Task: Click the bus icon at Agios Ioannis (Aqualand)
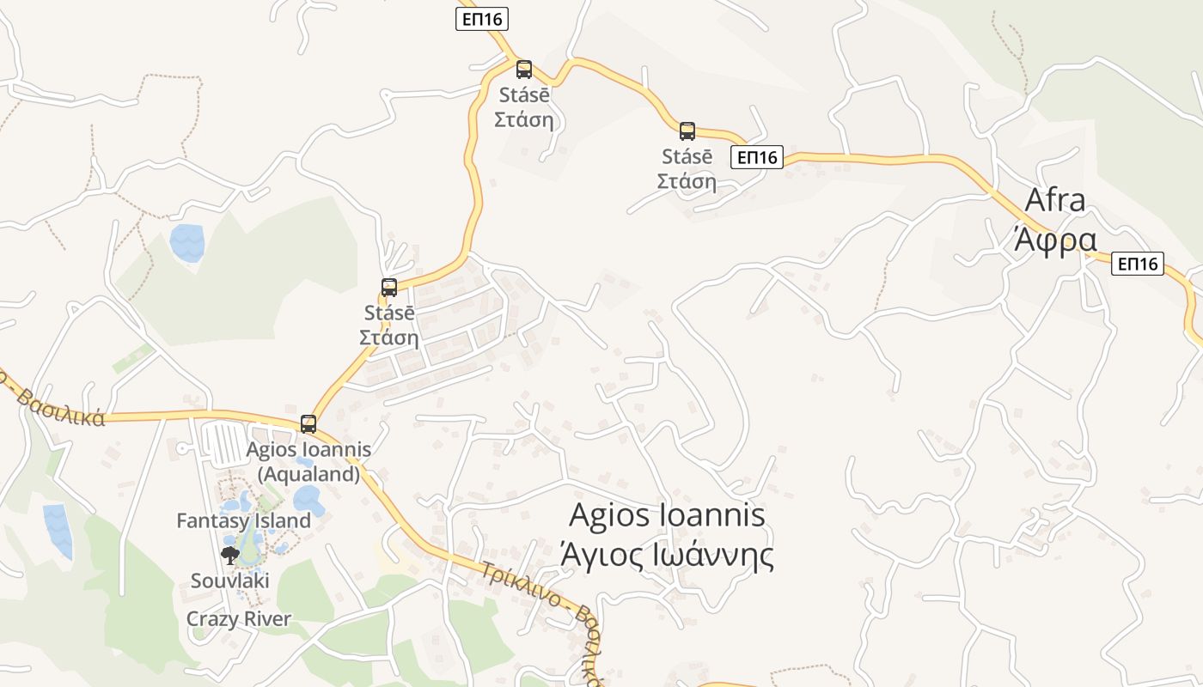[308, 423]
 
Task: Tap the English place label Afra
[1056, 200]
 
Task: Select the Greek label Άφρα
[1056, 240]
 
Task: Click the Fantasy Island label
[243, 520]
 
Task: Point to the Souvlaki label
[229, 581]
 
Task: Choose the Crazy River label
[239, 618]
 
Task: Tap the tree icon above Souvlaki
[229, 555]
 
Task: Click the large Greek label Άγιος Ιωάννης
[667, 555]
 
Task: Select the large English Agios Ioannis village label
[667, 515]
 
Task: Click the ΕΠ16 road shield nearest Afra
[1138, 264]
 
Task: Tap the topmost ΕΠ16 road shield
[481, 19]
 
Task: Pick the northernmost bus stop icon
[523, 70]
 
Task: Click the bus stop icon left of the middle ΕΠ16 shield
[687, 131]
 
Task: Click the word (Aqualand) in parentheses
[308, 473]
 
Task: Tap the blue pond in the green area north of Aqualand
[187, 242]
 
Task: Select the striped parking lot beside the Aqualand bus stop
[224, 443]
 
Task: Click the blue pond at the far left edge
[58, 530]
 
